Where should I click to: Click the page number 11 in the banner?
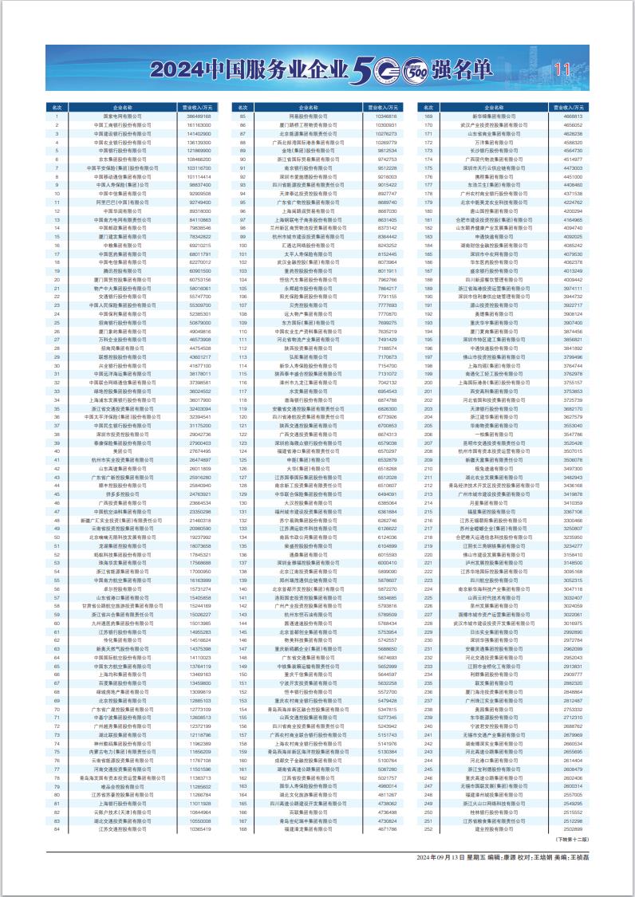[x=562, y=69]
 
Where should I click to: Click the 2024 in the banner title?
[x=176, y=69]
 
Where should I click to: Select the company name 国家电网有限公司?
[x=123, y=116]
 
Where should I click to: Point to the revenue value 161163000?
[x=198, y=125]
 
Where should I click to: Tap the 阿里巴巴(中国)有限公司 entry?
[x=123, y=203]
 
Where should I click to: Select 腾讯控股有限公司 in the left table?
[x=123, y=272]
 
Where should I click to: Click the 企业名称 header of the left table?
[x=123, y=106]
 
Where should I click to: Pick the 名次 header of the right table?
[x=429, y=106]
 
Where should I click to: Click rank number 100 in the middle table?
[x=243, y=246]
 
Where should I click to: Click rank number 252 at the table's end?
[x=429, y=828]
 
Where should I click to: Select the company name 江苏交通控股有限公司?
[x=123, y=828]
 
